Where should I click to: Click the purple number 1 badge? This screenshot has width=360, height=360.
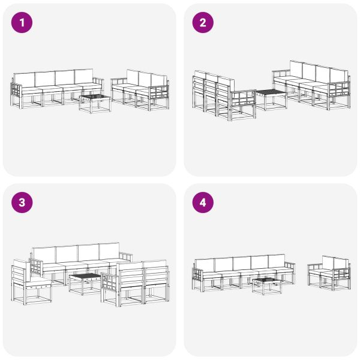(22, 23)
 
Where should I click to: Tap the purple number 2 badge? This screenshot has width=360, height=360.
(202, 23)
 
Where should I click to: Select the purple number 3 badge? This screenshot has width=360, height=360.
(22, 203)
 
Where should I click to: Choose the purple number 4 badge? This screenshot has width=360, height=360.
(202, 203)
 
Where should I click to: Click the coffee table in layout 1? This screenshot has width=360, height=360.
(95, 103)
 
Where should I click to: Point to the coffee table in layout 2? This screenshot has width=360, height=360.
(271, 99)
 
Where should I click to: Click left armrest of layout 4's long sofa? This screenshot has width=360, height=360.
(199, 277)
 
